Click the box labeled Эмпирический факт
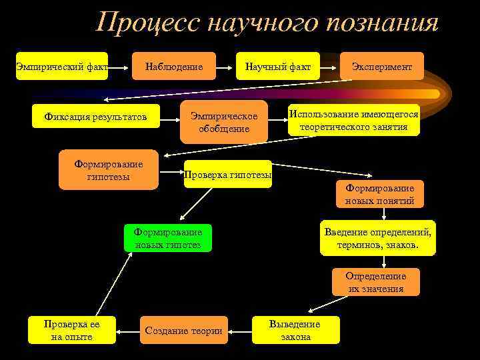click(62, 66)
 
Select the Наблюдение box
click(174, 66)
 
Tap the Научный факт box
click(278, 66)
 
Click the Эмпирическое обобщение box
click(224, 122)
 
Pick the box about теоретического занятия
click(353, 120)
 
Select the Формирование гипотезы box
click(109, 169)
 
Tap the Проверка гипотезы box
click(228, 174)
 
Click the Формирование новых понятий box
click(379, 194)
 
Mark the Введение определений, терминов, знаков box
click(378, 238)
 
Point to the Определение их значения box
click(376, 282)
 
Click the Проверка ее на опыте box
click(71, 329)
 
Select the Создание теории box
click(184, 330)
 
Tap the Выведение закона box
click(295, 329)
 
